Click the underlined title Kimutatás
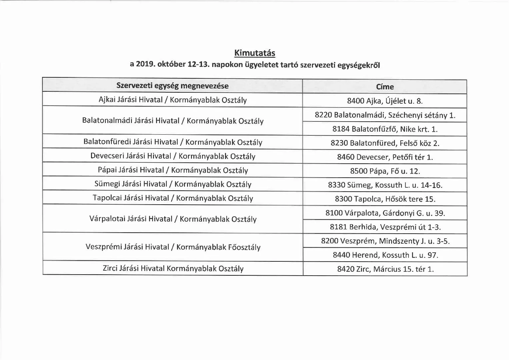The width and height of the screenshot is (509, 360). click(x=255, y=53)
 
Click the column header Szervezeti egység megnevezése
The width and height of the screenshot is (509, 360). click(x=172, y=86)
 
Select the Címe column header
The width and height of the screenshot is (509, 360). click(x=385, y=87)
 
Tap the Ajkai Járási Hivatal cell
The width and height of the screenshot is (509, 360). click(x=173, y=100)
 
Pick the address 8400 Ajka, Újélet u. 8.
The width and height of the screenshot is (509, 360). click(x=385, y=101)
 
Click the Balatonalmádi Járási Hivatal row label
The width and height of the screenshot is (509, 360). click(x=173, y=121)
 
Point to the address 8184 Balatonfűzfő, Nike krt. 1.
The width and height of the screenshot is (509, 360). click(x=385, y=129)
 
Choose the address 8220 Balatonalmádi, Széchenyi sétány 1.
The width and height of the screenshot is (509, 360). click(x=385, y=115)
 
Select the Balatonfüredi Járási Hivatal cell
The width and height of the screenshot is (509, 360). click(x=173, y=142)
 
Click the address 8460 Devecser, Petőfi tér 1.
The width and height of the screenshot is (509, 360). click(x=385, y=157)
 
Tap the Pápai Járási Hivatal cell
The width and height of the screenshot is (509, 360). click(x=173, y=170)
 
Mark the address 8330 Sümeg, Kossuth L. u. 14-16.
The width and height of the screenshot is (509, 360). click(x=385, y=185)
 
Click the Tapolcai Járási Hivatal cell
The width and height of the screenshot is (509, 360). click(x=173, y=198)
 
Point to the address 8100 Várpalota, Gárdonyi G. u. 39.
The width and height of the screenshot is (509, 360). click(x=385, y=213)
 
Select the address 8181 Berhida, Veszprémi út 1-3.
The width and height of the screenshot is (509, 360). click(x=385, y=227)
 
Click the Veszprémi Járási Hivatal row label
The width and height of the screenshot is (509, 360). click(x=173, y=247)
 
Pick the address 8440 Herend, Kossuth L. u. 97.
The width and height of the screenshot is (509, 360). click(x=385, y=255)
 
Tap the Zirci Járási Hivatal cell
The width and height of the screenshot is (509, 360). click(x=173, y=268)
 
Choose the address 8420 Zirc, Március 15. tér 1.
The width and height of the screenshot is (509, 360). click(x=385, y=269)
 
